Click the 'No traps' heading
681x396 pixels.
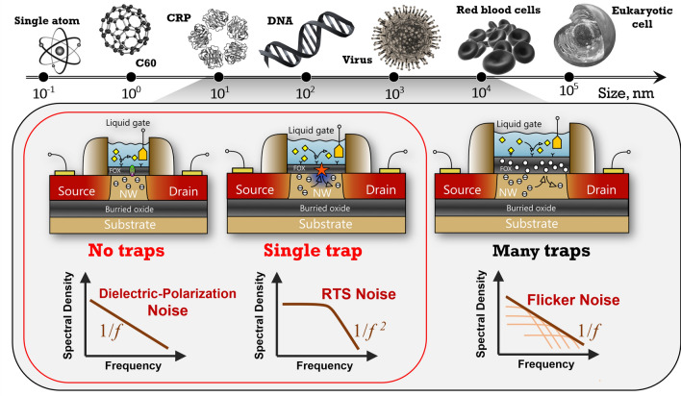[x=119, y=256]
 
